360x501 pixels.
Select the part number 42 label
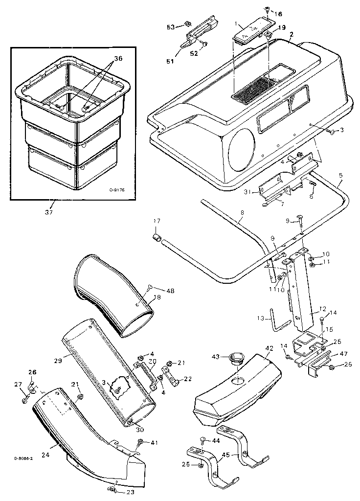[269, 349]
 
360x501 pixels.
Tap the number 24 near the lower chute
[45, 455]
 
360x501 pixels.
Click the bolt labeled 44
[202, 442]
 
